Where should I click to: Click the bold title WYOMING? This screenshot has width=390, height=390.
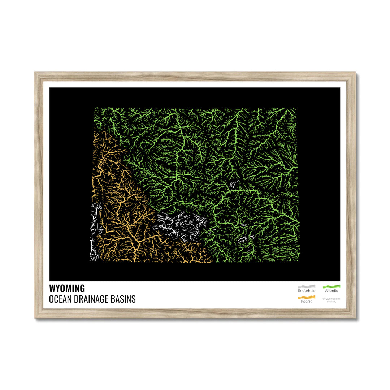pos(67,288)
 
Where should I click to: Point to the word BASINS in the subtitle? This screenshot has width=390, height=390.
pos(125,299)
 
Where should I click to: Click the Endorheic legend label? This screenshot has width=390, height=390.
pos(306,291)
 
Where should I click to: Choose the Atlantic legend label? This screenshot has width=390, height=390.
pos(331,291)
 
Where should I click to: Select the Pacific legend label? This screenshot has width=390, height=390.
pos(306,301)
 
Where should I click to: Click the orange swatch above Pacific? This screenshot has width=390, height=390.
pos(306,297)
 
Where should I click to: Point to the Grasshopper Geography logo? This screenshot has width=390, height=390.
pos(331,299)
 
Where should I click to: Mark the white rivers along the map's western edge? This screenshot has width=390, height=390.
pos(95,231)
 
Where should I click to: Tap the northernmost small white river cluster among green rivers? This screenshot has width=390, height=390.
pos(233,185)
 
